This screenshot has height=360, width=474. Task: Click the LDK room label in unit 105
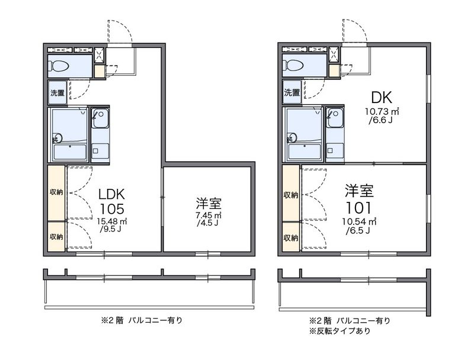(111, 194)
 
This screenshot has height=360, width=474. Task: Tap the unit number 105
(111, 208)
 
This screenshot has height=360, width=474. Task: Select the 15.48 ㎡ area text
(112, 221)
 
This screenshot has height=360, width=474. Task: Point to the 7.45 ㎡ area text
(209, 216)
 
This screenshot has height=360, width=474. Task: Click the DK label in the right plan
(382, 98)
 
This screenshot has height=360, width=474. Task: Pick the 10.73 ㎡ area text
(382, 111)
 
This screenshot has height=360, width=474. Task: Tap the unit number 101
(358, 208)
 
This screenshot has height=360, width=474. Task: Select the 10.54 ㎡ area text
(359, 221)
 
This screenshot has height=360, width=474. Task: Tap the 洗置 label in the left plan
(57, 93)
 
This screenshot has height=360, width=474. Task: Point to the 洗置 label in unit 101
(292, 92)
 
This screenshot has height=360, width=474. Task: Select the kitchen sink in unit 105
(100, 118)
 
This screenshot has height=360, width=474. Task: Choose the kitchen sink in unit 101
(335, 118)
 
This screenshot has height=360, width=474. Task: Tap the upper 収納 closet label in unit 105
(56, 192)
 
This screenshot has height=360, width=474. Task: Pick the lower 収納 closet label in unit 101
(291, 238)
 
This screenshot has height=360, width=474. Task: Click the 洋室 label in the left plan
(209, 204)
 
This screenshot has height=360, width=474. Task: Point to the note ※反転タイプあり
(340, 331)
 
